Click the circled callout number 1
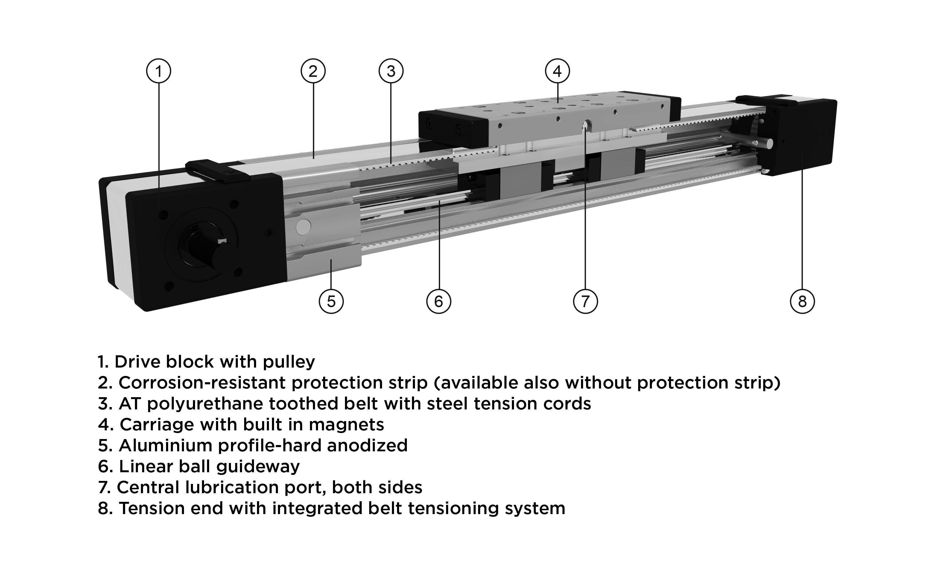(159, 71)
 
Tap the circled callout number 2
(313, 71)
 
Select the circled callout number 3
(391, 71)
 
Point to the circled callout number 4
(557, 71)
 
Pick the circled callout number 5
(331, 301)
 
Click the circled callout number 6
(439, 301)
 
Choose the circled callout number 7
(585, 301)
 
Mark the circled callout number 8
(802, 301)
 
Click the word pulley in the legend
(289, 362)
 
